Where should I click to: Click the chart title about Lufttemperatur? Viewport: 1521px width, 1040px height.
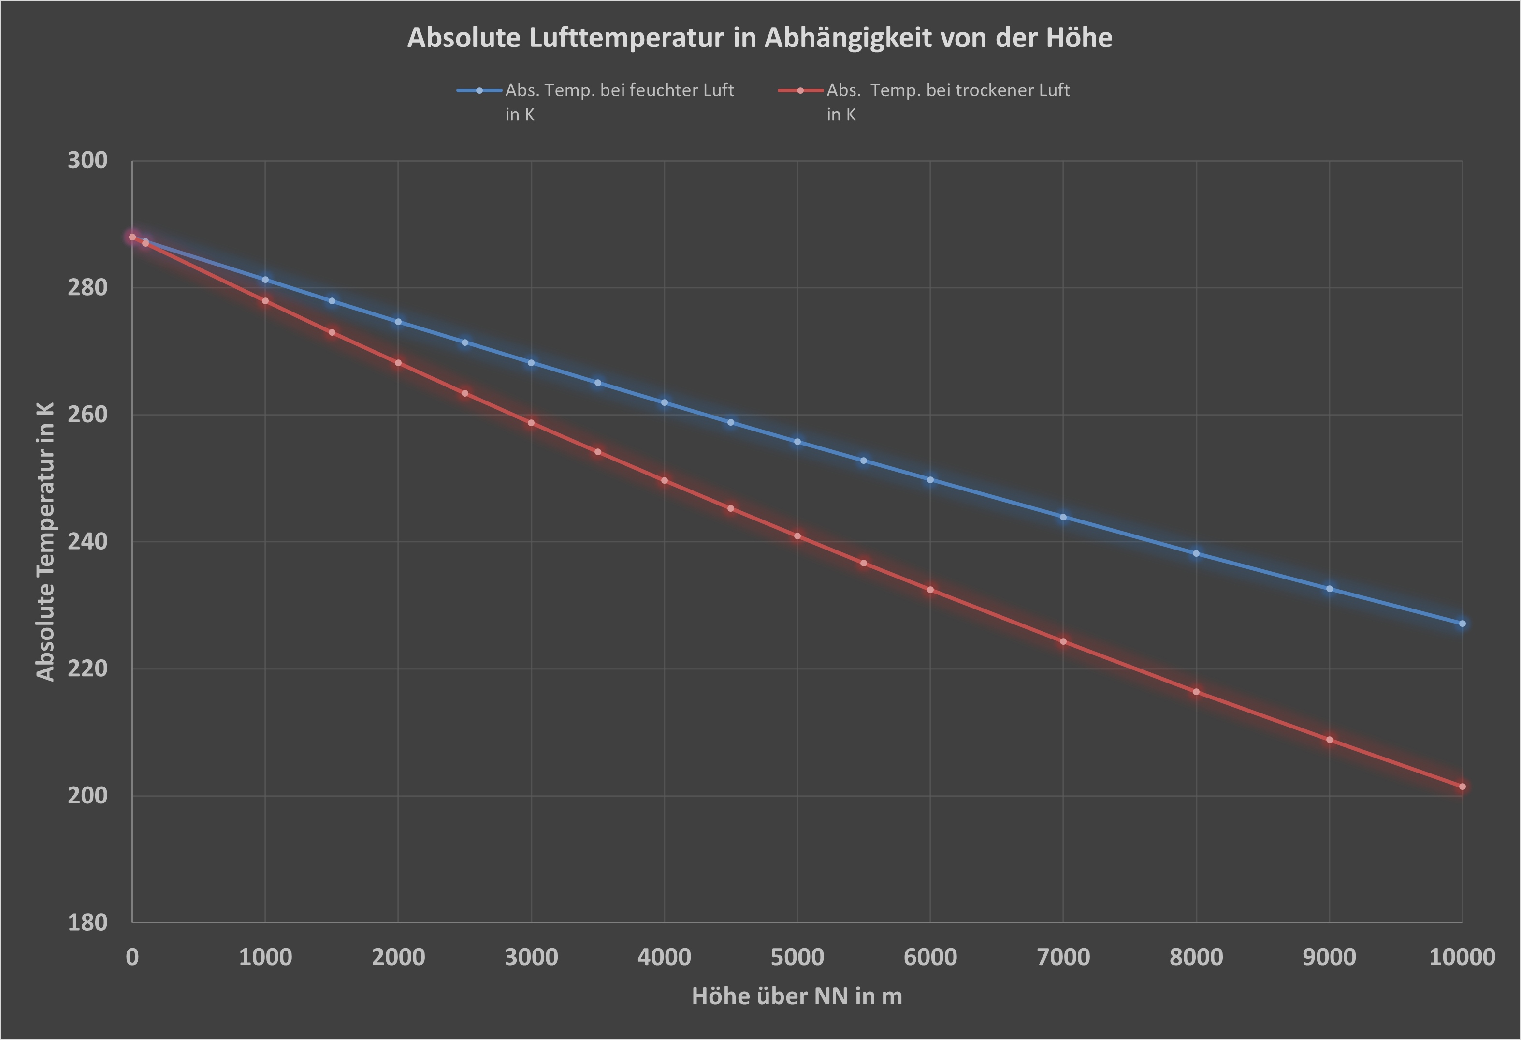(x=759, y=38)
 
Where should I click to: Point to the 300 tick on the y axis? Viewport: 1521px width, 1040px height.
(x=87, y=161)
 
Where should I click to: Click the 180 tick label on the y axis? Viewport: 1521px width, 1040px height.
(x=87, y=922)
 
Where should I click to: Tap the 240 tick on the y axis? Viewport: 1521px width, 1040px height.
(x=87, y=542)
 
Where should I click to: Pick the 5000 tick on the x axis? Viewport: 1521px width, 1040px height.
(x=797, y=957)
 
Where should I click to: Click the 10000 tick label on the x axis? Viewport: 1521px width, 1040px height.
(x=1462, y=957)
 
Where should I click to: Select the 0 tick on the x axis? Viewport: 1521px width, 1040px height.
(x=132, y=957)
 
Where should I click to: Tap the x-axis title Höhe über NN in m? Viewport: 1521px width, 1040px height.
(x=797, y=996)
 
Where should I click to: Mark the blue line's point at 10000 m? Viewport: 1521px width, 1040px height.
(x=1462, y=624)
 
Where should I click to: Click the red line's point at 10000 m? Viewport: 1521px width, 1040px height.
(x=1462, y=787)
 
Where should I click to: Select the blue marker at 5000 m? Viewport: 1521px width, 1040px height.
(x=797, y=442)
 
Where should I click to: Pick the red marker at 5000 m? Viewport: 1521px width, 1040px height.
(x=797, y=535)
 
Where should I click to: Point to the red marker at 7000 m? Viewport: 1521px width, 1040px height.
(x=1063, y=641)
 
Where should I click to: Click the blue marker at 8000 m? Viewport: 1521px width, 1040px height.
(x=1196, y=553)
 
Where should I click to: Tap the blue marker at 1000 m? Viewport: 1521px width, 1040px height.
(x=265, y=280)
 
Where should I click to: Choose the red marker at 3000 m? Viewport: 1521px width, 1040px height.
(x=531, y=423)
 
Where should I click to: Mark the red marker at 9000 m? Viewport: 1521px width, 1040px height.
(x=1329, y=740)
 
